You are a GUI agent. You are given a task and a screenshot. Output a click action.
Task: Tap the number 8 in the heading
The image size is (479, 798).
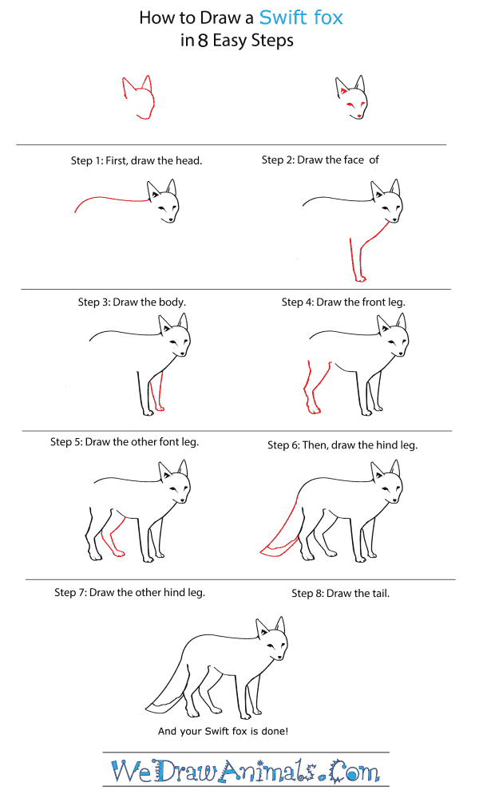pos(203,40)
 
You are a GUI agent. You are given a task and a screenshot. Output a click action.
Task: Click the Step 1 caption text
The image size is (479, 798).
pos(137,160)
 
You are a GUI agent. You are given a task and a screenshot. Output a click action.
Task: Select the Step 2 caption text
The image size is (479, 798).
pos(320,160)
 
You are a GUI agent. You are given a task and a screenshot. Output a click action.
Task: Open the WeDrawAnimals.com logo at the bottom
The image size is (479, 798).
pos(245,772)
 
